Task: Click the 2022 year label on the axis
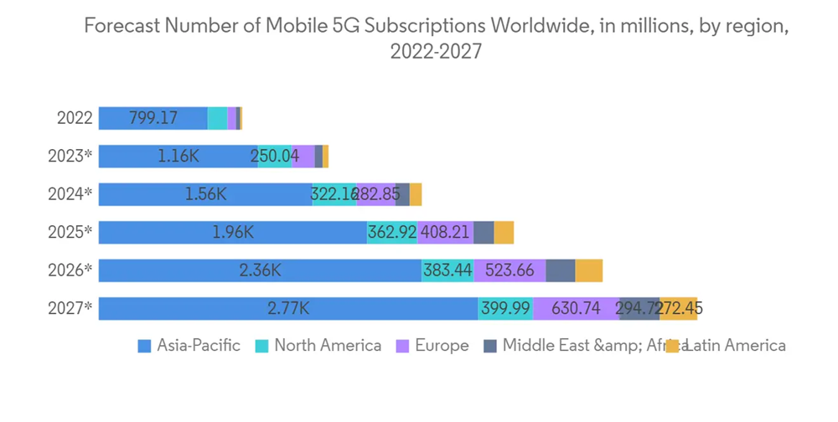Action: tap(75, 118)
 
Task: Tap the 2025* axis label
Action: tap(70, 232)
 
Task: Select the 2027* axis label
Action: tap(70, 308)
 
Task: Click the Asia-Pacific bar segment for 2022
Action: tap(153, 118)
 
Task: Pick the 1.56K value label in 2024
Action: tap(206, 194)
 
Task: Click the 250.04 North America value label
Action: tap(274, 157)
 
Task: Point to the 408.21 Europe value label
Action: tap(445, 232)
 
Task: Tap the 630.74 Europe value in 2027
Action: tap(576, 308)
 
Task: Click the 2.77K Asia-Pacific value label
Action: tap(288, 308)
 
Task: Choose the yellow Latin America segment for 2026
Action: tap(588, 270)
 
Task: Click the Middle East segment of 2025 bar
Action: tap(484, 232)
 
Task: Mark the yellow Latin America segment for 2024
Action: tap(416, 194)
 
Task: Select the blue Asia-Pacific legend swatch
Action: tap(144, 347)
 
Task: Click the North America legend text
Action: tap(328, 346)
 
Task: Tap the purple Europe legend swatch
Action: tap(401, 347)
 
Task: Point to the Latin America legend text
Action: tap(735, 346)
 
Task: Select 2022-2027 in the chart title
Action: tap(436, 51)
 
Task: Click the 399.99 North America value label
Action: tap(505, 308)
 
